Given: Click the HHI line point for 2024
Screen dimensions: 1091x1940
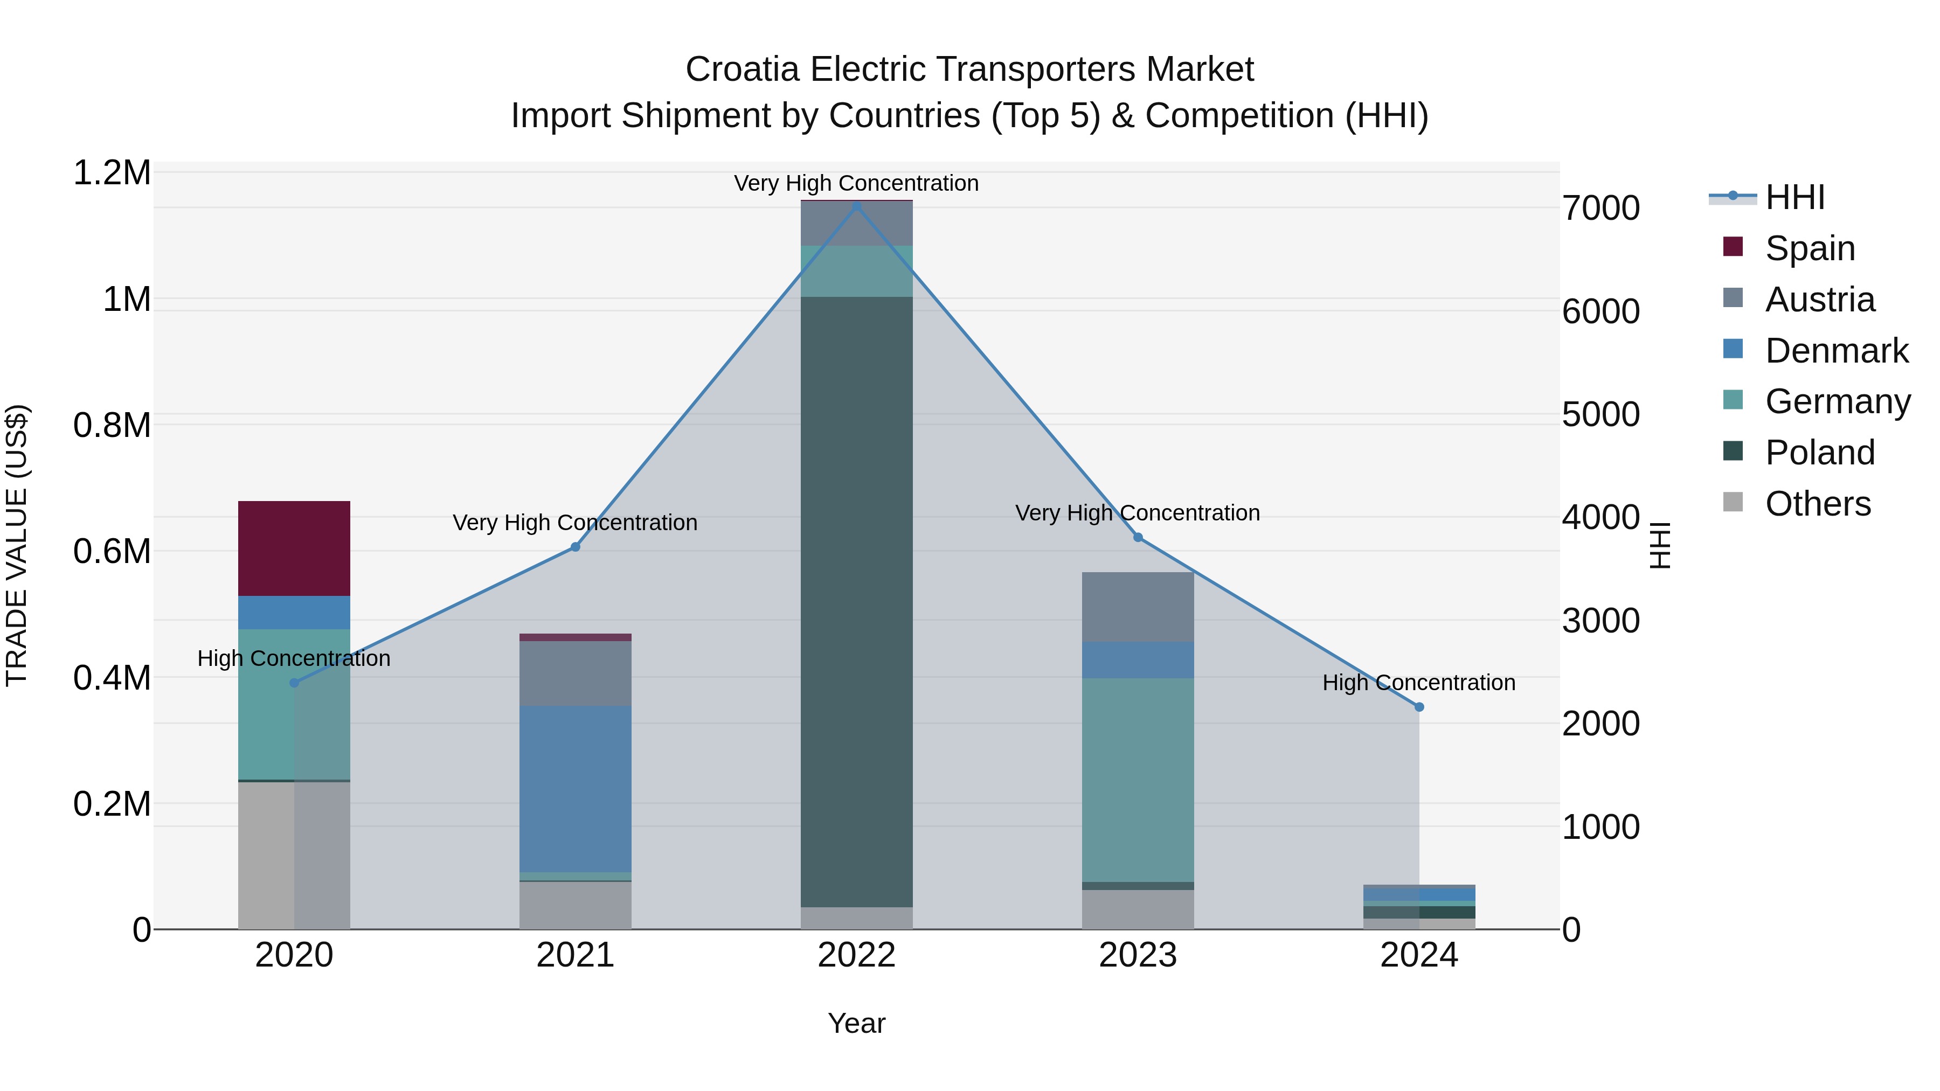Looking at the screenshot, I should click(x=1419, y=707).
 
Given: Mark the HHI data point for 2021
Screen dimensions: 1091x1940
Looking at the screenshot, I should click(x=576, y=547).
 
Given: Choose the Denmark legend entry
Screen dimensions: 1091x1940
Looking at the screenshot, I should click(x=1836, y=351).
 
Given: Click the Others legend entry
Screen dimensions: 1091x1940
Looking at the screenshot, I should click(x=1817, y=504).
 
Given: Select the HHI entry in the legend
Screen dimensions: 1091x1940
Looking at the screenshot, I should click(x=1794, y=197).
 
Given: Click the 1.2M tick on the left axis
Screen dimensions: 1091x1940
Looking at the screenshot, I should click(x=112, y=173).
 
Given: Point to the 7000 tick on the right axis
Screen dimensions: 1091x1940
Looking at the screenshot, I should click(x=1600, y=209).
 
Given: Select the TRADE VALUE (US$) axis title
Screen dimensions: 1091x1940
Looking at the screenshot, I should click(x=17, y=545).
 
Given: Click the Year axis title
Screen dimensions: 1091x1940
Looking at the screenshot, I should click(x=856, y=1023).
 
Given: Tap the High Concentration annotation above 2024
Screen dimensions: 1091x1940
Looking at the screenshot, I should click(x=1419, y=682).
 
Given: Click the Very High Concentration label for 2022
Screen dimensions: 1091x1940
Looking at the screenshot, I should click(x=856, y=183).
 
